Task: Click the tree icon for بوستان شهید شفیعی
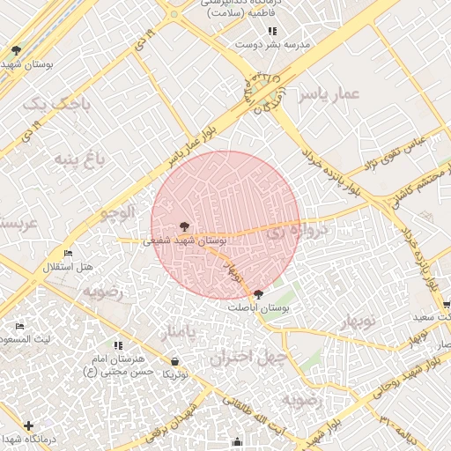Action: click(183, 226)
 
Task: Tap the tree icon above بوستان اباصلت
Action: click(258, 294)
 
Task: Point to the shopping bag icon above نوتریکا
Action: click(174, 361)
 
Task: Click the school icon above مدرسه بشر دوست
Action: click(261, 31)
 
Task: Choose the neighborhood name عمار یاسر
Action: click(328, 94)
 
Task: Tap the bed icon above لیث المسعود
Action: click(19, 327)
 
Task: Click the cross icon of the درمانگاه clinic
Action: click(29, 425)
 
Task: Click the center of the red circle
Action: click(225, 225)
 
